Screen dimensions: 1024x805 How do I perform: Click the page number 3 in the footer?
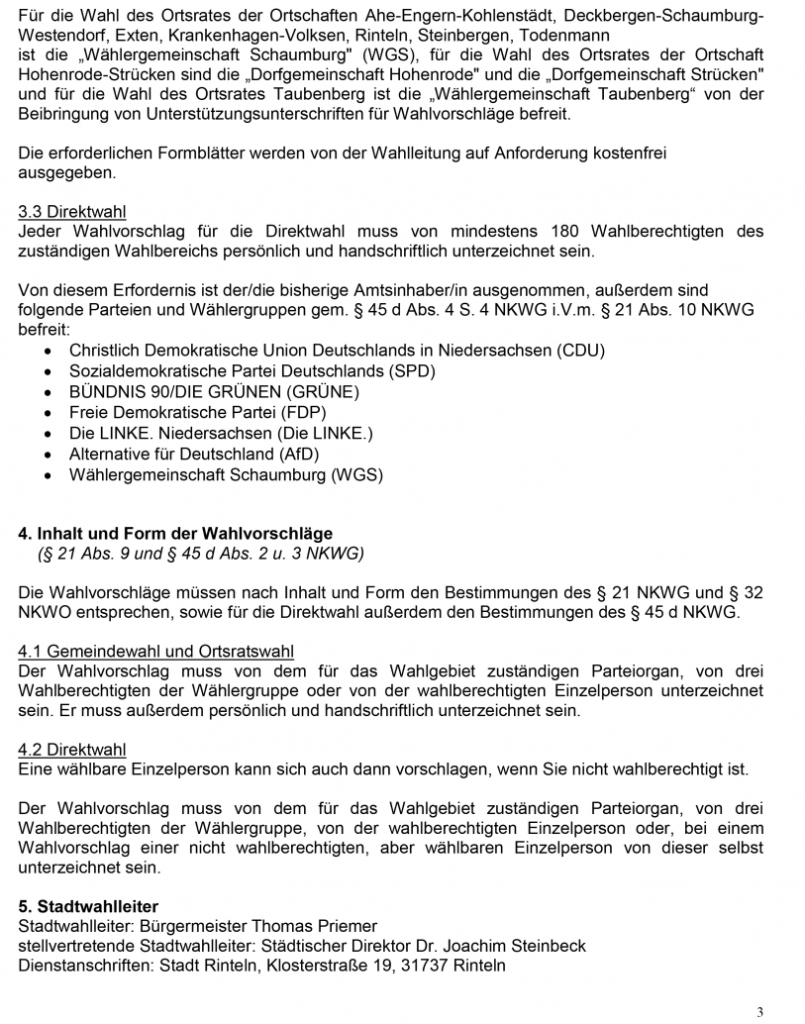click(759, 1012)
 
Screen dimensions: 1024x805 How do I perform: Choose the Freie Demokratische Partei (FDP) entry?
click(197, 413)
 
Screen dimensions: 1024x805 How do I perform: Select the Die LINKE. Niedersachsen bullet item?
click(221, 434)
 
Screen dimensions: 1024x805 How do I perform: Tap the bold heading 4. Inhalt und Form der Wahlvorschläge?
click(175, 534)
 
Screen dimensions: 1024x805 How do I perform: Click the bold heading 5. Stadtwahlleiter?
click(88, 906)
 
